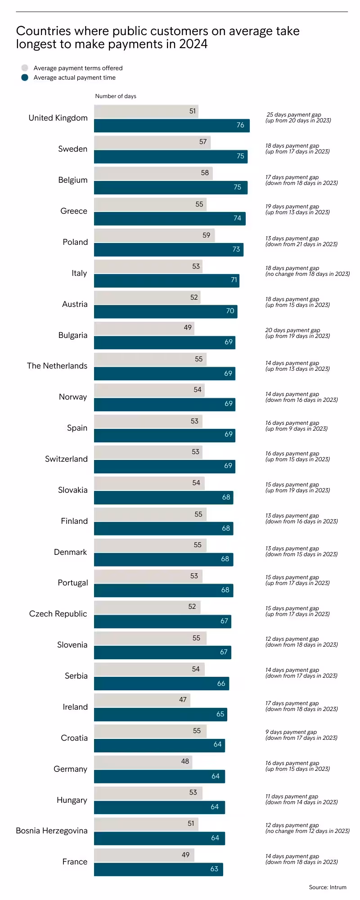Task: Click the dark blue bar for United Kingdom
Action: point(171,126)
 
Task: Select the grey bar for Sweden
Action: point(152,142)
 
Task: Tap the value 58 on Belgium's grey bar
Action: point(205,173)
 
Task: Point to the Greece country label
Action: point(74,211)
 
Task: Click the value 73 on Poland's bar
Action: point(236,249)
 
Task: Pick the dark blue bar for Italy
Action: point(166,280)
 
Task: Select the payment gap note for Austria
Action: point(297,302)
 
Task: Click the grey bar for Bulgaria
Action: point(144,328)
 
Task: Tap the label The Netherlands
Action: point(57,366)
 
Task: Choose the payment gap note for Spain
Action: point(297,426)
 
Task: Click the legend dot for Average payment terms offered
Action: point(25,68)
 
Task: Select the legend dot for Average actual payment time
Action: point(25,77)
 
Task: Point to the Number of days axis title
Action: point(116,96)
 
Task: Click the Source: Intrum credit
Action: point(328,887)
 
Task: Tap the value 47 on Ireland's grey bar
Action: point(183,700)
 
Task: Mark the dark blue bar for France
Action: point(158,869)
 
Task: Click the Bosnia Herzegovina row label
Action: point(52,831)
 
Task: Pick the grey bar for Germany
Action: point(143,762)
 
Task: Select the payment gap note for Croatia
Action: point(301,735)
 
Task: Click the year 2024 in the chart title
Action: point(193,44)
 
